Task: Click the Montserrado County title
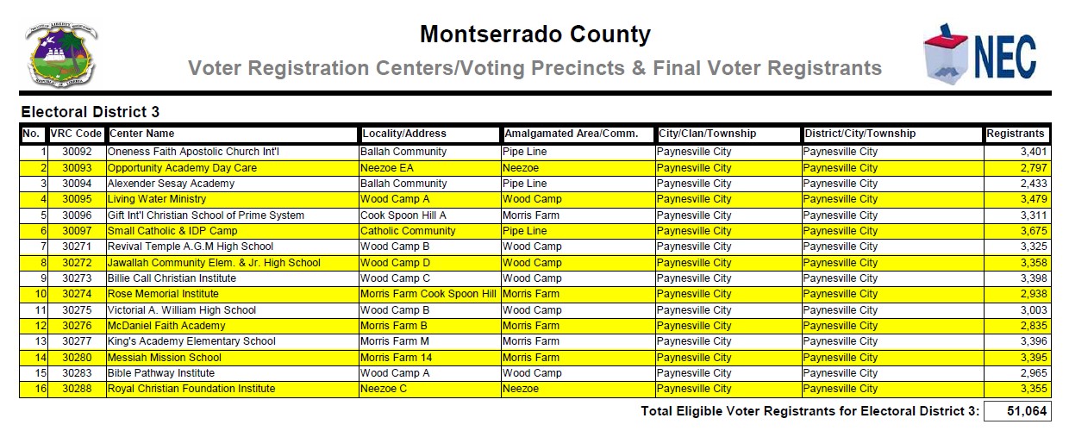534,34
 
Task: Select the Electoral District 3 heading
90,112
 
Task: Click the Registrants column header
1016,134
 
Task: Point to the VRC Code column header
76,134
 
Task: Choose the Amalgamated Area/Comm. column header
571,134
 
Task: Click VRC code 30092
76,153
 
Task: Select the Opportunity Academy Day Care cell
182,168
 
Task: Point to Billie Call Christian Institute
172,278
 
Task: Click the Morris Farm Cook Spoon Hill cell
428,294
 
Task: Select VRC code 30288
76,389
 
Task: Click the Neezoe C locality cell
384,389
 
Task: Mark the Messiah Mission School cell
164,358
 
